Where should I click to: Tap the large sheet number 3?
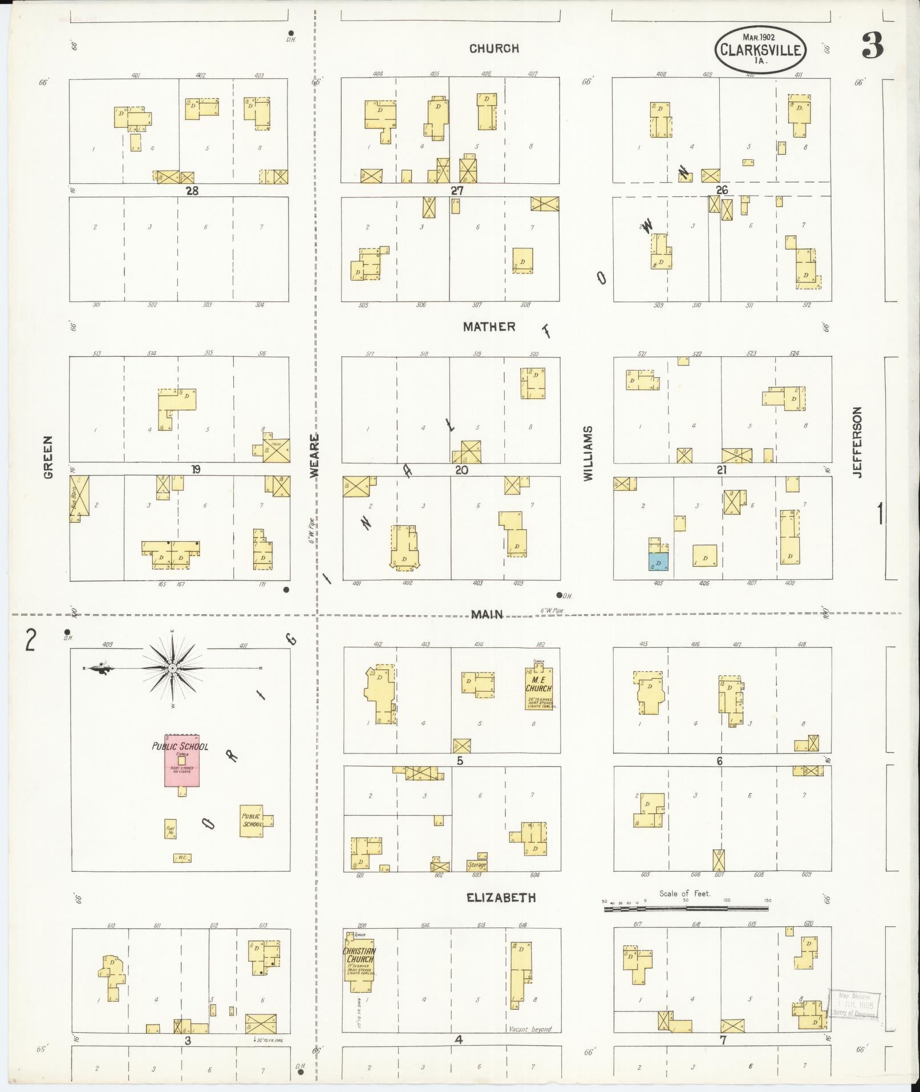[873, 46]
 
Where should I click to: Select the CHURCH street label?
[494, 49]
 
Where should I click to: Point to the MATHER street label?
[489, 327]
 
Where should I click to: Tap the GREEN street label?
[48, 457]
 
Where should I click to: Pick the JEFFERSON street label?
[857, 442]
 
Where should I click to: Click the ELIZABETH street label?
[501, 897]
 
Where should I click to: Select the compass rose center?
[172, 668]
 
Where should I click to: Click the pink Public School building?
[182, 760]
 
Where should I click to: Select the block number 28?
[192, 191]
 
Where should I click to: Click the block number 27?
[457, 191]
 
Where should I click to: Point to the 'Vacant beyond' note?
[530, 1029]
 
